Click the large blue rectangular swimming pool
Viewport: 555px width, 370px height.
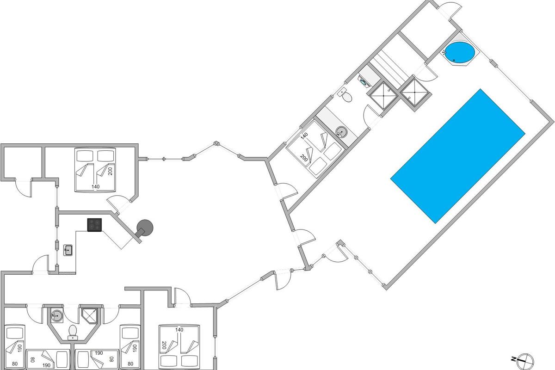pyautogui.click(x=458, y=156)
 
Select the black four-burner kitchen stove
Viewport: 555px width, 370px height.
pyautogui.click(x=94, y=225)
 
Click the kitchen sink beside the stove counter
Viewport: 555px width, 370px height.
pyautogui.click(x=68, y=250)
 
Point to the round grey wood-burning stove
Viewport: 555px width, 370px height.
pyautogui.click(x=145, y=228)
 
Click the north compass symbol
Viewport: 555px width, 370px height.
pyautogui.click(x=525, y=367)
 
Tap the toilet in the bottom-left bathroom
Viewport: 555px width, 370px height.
pyautogui.click(x=73, y=333)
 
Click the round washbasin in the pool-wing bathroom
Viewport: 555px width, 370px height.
pyautogui.click(x=341, y=131)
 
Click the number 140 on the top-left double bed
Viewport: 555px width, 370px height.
pyautogui.click(x=95, y=186)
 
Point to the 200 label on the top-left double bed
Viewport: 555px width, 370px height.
pyautogui.click(x=110, y=171)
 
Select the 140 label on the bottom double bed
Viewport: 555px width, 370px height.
pyautogui.click(x=179, y=330)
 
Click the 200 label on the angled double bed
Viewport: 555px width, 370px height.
pyautogui.click(x=304, y=158)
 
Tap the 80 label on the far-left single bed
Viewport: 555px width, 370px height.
pyautogui.click(x=15, y=364)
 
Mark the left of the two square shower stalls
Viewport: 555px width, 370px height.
pyautogui.click(x=383, y=95)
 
